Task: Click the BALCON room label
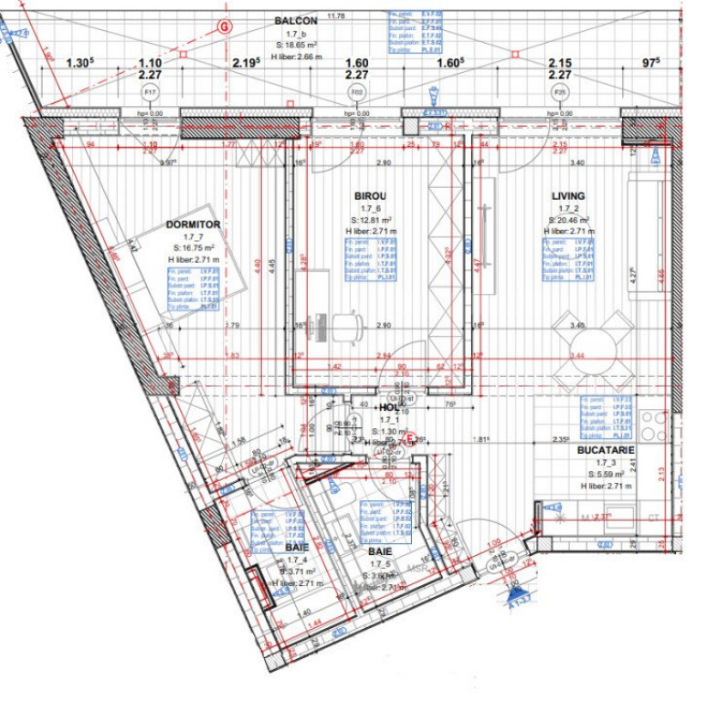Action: tap(296, 20)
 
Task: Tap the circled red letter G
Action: tap(222, 27)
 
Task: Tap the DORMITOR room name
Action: tap(193, 224)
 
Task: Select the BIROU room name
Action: tap(370, 196)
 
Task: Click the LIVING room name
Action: tap(568, 196)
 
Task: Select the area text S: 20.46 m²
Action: tap(566, 220)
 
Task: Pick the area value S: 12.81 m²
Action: tap(371, 220)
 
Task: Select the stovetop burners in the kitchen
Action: tap(653, 425)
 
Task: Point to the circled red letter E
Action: tap(411, 440)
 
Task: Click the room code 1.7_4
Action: tap(295, 560)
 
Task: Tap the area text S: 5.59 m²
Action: tap(606, 475)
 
